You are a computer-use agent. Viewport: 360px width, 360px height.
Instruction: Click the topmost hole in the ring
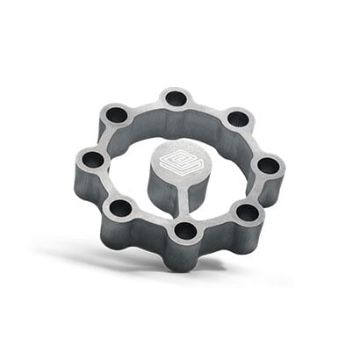[176, 97]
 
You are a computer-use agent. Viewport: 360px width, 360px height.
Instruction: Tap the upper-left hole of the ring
[117, 114]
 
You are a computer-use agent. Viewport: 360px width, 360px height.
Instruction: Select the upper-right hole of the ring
[236, 119]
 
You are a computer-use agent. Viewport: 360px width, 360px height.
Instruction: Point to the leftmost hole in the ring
[92, 160]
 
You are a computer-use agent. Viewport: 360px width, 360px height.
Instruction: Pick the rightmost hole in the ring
[268, 164]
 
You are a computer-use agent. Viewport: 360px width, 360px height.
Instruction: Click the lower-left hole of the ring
[120, 208]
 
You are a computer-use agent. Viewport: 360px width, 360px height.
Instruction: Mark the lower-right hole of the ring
[248, 212]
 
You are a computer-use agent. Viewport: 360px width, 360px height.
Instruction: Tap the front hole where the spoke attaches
[185, 231]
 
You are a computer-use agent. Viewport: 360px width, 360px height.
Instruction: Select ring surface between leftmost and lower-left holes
[103, 186]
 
